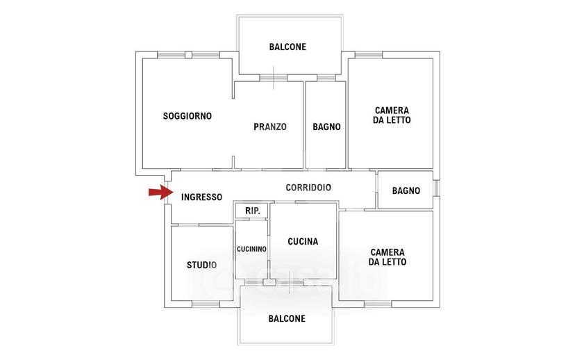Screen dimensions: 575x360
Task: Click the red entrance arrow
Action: [160, 193]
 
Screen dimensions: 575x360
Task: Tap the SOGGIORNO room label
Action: [187, 116]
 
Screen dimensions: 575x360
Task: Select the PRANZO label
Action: [270, 126]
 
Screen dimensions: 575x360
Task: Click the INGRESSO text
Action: [201, 197]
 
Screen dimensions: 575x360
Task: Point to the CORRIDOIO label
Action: [308, 188]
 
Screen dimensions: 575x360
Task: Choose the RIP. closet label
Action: [253, 211]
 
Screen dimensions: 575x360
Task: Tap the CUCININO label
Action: [251, 249]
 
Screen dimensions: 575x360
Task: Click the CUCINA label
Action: [303, 241]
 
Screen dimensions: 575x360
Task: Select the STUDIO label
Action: [201, 265]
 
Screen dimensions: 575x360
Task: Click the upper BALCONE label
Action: [287, 47]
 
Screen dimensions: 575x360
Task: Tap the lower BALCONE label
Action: [287, 318]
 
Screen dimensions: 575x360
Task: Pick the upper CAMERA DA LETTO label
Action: [392, 115]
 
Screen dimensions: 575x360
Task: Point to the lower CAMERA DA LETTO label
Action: [387, 257]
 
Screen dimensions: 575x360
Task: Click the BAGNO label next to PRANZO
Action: [326, 126]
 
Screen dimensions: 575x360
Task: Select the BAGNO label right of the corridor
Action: [406, 191]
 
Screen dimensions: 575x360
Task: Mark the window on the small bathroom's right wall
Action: [436, 188]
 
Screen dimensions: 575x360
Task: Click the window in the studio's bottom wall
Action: [206, 304]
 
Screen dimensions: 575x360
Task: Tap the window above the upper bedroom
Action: [369, 55]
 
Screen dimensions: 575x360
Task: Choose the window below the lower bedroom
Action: [378, 304]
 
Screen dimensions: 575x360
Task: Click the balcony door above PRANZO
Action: [273, 78]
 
